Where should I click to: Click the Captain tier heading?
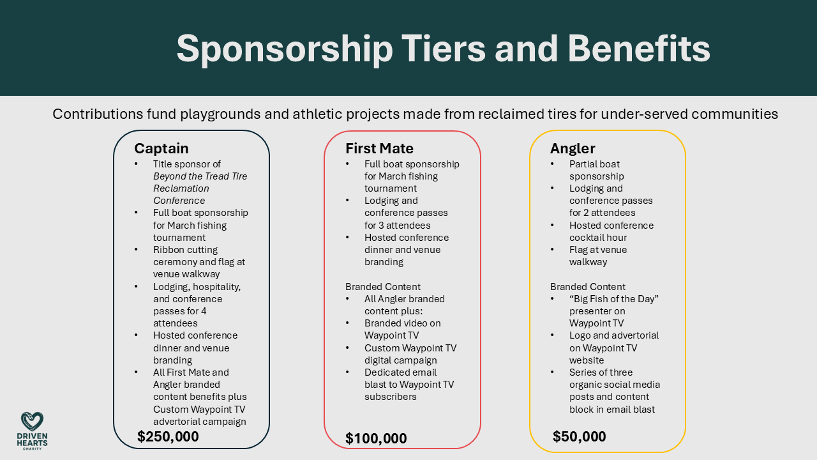(x=161, y=149)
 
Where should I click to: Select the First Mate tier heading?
(x=379, y=149)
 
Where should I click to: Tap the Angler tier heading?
(x=573, y=149)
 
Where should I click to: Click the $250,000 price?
(x=168, y=437)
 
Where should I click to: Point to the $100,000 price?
(x=376, y=439)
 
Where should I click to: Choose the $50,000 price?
(x=579, y=437)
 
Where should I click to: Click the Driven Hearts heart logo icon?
(x=32, y=422)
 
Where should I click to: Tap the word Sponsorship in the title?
(x=284, y=49)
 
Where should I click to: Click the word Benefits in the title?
(x=638, y=49)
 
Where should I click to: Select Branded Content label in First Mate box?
(x=383, y=287)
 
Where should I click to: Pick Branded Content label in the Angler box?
(x=588, y=287)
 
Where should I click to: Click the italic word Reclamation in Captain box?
(x=181, y=188)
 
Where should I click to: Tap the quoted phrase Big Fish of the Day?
(x=613, y=299)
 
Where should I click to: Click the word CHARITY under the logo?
(x=32, y=448)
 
